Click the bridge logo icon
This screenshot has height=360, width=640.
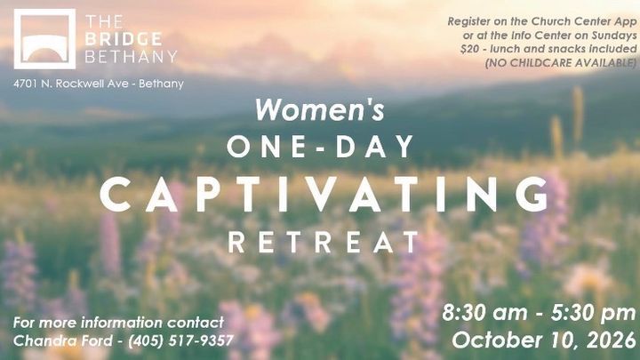tap(44, 39)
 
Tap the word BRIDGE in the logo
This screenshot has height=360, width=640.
tap(124, 39)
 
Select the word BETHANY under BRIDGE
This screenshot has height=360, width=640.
tap(131, 57)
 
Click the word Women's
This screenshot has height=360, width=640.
tap(320, 110)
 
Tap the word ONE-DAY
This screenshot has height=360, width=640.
tap(320, 146)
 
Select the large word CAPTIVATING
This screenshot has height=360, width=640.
tap(324, 195)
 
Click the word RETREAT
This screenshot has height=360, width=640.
tap(324, 242)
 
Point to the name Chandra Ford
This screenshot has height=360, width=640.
tap(62, 340)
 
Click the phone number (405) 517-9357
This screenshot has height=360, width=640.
tap(180, 340)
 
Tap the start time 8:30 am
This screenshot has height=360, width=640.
tap(484, 313)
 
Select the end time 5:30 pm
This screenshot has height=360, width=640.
tap(594, 313)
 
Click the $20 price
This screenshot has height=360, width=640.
tap(470, 49)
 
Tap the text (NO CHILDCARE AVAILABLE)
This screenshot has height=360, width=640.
tap(561, 63)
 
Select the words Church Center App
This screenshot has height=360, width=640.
tap(585, 21)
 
